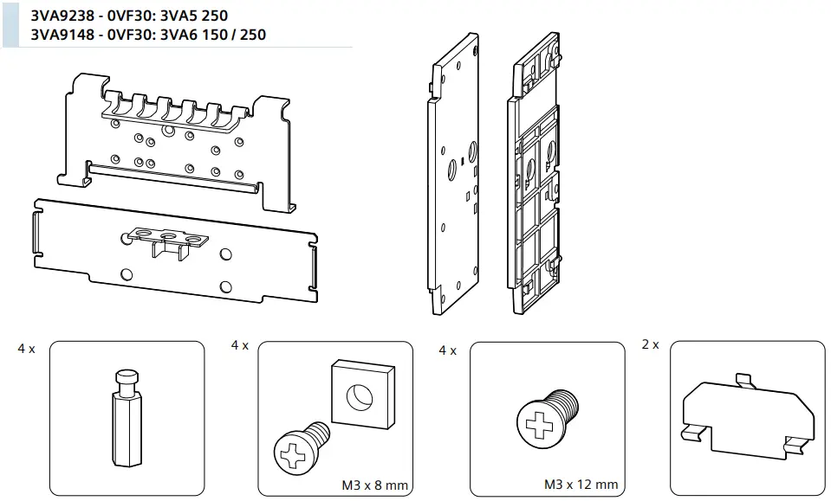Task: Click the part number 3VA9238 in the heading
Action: [62, 16]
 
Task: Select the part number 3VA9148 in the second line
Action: [62, 35]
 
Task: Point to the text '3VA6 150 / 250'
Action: [213, 35]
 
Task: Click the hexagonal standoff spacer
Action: [127, 417]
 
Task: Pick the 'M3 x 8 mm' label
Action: [373, 485]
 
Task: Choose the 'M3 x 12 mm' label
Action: [581, 485]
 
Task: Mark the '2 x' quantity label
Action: [650, 344]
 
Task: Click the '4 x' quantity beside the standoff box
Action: [27, 349]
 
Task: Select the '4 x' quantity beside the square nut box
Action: [240, 345]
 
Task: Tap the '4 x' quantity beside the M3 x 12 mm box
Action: [447, 350]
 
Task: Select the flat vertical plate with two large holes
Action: [455, 182]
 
